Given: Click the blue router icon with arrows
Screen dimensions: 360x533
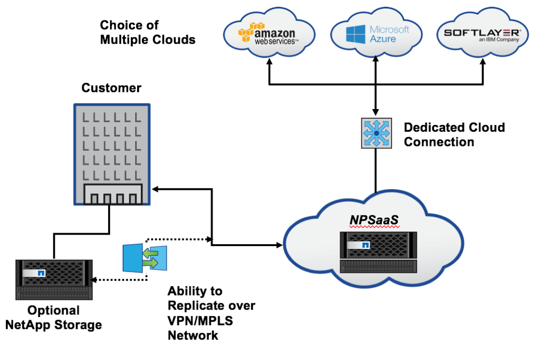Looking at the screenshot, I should tap(376, 132).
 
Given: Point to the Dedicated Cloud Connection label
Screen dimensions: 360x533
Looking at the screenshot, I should tap(454, 135).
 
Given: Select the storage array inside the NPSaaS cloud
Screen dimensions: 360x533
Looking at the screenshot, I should tap(378, 252).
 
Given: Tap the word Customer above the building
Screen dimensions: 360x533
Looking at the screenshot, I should tap(111, 88).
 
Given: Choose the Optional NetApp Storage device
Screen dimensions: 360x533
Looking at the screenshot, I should tap(53, 279).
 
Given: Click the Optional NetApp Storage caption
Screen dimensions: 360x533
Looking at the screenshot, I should tap(53, 317).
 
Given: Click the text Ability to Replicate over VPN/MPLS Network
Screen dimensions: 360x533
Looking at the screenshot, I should tap(211, 313).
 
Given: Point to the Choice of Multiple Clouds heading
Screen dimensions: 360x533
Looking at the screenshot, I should tap(147, 32).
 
